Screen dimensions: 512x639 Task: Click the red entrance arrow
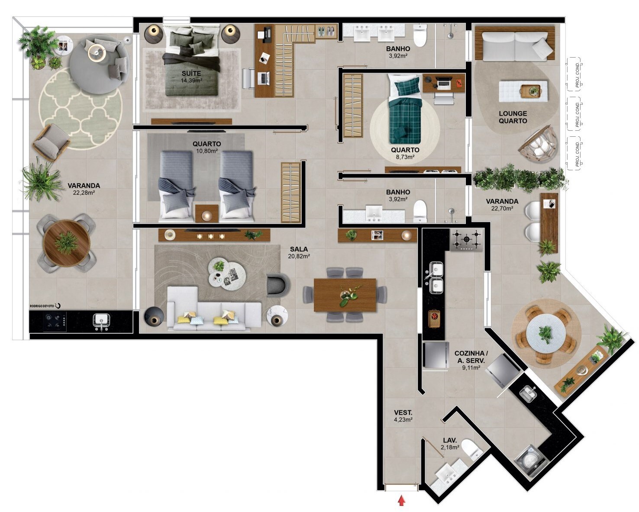(402, 501)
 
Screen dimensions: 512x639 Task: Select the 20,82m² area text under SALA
(299, 256)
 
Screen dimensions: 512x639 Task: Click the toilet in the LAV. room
(471, 448)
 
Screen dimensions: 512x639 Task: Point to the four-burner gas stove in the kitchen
(466, 240)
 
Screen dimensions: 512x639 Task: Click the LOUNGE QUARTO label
(513, 117)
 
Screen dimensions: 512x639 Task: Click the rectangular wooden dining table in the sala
(345, 295)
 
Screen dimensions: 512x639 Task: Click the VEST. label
(403, 412)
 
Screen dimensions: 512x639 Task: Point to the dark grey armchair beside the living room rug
(277, 285)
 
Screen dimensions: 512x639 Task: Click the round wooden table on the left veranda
(67, 242)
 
